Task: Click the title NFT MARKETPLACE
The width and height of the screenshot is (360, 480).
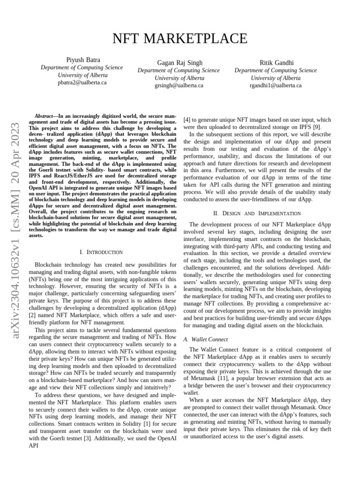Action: point(180,38)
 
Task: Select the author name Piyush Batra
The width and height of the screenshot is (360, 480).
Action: point(82,60)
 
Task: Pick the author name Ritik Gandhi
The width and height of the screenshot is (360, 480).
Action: point(276,63)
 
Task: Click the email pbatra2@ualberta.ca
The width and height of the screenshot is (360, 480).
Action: point(82,82)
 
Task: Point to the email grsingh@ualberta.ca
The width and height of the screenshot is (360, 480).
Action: point(179,86)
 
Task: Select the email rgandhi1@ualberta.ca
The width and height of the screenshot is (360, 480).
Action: point(276,86)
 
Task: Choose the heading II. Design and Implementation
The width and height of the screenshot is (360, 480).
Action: point(257,213)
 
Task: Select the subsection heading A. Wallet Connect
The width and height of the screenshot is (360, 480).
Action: point(206,339)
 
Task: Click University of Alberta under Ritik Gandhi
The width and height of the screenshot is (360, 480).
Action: point(276,78)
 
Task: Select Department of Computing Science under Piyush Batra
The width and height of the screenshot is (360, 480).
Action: point(82,67)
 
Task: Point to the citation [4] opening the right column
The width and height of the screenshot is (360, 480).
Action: point(187,120)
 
